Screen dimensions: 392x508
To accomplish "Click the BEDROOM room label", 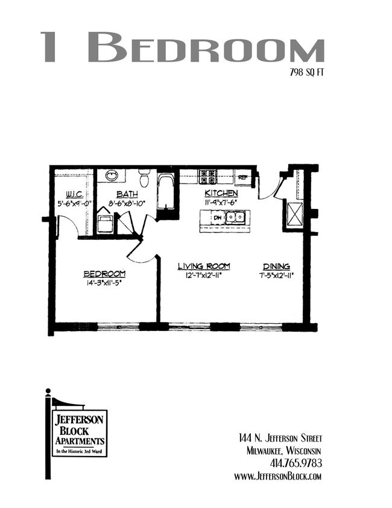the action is (104, 274).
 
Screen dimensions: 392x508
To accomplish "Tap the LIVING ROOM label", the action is (204, 266).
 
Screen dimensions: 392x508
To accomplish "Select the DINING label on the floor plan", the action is (276, 266).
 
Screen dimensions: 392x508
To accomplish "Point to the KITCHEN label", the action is (221, 193).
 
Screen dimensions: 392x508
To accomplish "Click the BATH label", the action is (127, 195).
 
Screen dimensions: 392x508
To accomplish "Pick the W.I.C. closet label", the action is (75, 195).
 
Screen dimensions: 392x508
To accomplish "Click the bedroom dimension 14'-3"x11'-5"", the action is (104, 283).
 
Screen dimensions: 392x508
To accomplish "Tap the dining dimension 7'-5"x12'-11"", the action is (277, 275).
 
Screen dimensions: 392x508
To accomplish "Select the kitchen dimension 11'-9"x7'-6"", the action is (221, 202).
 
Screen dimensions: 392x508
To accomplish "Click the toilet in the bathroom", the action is (144, 179).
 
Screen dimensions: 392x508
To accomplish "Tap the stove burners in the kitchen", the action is (207, 177).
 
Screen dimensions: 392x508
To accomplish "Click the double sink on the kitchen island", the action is (235, 217).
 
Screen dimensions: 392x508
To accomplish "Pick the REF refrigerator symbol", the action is (243, 177).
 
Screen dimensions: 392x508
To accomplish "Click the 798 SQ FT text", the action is (306, 72).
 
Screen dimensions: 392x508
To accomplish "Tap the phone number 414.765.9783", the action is (296, 463).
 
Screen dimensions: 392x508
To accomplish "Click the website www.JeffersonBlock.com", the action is (278, 476).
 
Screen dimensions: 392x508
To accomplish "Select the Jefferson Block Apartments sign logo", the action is (77, 433).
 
